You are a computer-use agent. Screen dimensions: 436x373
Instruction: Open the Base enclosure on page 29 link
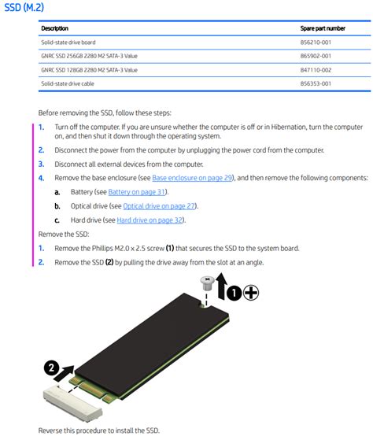click(x=193, y=179)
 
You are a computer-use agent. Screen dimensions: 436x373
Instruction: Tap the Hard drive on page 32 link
click(x=150, y=220)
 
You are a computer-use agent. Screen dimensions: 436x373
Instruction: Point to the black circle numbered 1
click(x=234, y=294)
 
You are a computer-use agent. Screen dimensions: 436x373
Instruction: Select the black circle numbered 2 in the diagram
click(x=51, y=368)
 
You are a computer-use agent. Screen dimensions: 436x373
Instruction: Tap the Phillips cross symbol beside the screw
click(x=250, y=294)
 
